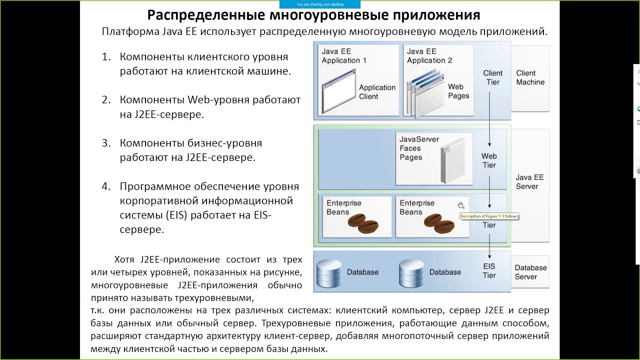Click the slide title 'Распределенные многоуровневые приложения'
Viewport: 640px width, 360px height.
(x=313, y=15)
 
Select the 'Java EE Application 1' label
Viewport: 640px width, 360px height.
(x=344, y=56)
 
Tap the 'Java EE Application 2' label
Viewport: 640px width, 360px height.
(x=429, y=56)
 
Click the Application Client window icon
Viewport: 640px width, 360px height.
(x=338, y=92)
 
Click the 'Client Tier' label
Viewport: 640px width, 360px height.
(x=492, y=77)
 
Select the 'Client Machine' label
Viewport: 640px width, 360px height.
(x=530, y=77)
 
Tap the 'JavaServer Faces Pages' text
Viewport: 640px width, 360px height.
(x=419, y=148)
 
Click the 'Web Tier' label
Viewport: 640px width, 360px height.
(x=489, y=161)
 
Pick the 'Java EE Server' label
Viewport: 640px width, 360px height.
(x=529, y=182)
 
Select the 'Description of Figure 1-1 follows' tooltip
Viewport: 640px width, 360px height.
(x=489, y=216)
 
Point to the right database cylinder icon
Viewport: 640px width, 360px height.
(x=411, y=272)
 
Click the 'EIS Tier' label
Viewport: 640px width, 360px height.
(x=489, y=271)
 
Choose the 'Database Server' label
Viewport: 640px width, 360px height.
(x=530, y=272)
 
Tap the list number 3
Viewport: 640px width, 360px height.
(x=105, y=143)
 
